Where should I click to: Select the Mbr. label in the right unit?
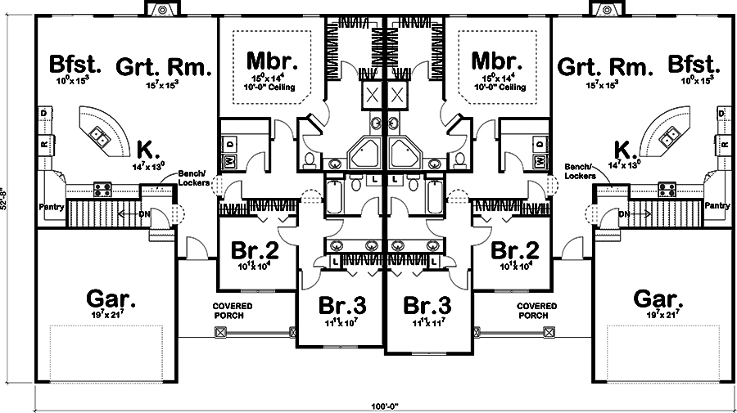point(496,62)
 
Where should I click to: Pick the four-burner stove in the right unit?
point(665,190)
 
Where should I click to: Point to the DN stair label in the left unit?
point(144,215)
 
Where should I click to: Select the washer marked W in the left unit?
point(229,161)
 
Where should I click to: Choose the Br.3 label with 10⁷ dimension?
point(341,306)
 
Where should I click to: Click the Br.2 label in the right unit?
point(515,250)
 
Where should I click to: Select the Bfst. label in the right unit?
point(693,65)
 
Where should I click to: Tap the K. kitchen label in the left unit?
point(147,149)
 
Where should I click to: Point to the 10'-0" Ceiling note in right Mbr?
point(500,87)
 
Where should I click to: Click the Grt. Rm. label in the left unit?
point(163,65)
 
